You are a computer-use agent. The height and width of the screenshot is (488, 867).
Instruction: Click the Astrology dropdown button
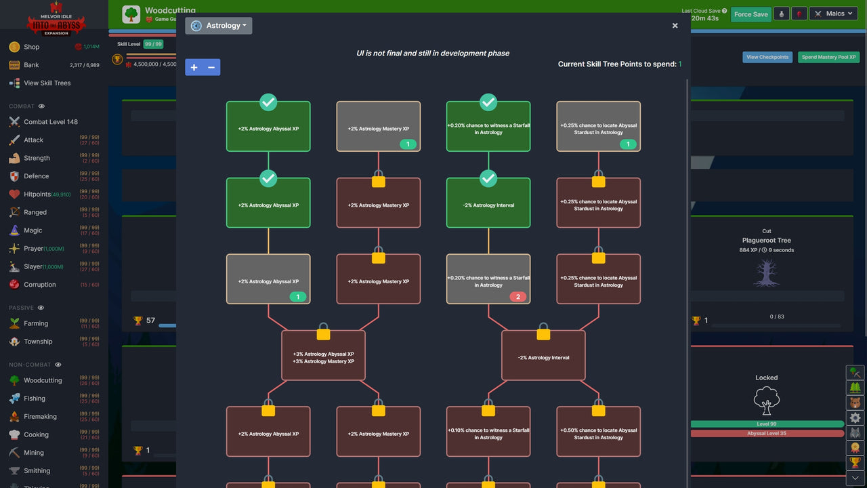[218, 26]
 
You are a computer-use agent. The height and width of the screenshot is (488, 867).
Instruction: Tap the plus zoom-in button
[194, 67]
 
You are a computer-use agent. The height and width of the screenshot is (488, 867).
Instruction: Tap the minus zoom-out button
[211, 67]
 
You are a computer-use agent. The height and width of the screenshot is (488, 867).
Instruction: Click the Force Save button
[750, 14]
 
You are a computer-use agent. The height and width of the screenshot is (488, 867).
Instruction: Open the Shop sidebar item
[31, 47]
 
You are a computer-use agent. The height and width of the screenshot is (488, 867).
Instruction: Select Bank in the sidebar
[31, 65]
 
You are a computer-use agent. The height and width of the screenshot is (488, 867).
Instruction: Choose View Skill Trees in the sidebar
[47, 83]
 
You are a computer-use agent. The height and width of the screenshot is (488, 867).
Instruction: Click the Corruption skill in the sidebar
[39, 285]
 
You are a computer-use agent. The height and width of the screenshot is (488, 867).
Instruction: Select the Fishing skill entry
[35, 399]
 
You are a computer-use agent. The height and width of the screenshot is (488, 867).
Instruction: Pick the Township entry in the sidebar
[38, 342]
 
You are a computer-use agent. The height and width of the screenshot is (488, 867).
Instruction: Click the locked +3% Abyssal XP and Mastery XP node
[323, 357]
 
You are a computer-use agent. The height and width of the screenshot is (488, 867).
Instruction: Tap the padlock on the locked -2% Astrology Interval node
[543, 332]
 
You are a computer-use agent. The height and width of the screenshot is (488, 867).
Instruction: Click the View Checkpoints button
[767, 57]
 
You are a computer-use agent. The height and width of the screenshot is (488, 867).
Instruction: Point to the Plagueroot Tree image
[766, 272]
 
